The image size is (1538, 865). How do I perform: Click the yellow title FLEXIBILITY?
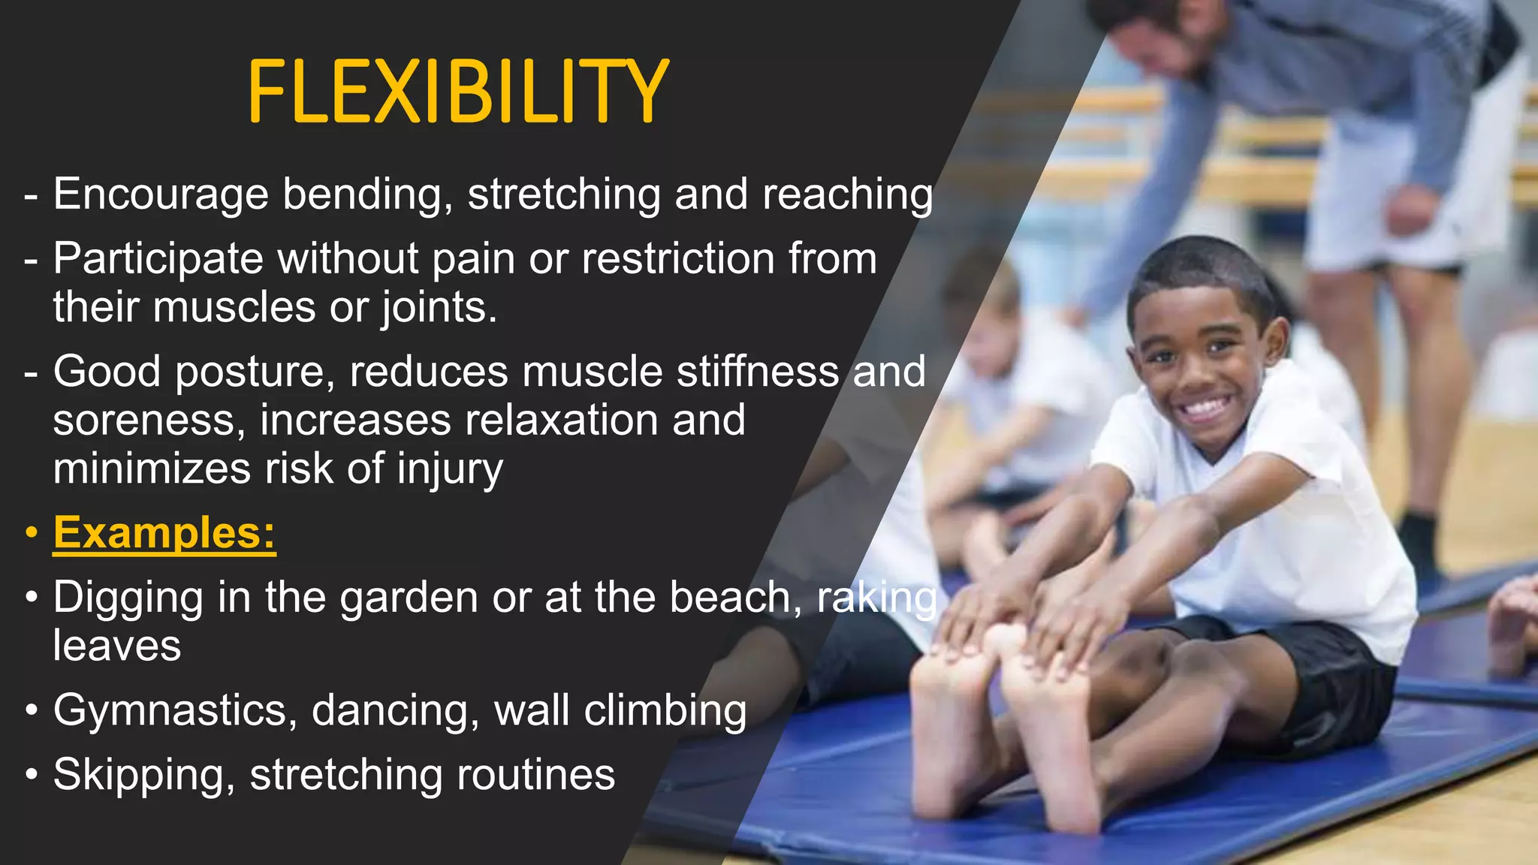[458, 92]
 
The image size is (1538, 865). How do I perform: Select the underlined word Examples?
[164, 533]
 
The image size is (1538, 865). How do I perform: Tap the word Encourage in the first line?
[161, 195]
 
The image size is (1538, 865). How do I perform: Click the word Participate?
[158, 259]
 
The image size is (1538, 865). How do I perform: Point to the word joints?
[439, 308]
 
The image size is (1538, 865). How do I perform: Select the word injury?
[450, 470]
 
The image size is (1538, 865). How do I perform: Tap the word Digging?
[128, 598]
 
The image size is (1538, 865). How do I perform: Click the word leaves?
[117, 646]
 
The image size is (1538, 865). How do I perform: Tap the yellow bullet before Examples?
[31, 533]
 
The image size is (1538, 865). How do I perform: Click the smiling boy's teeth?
[1204, 410]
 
